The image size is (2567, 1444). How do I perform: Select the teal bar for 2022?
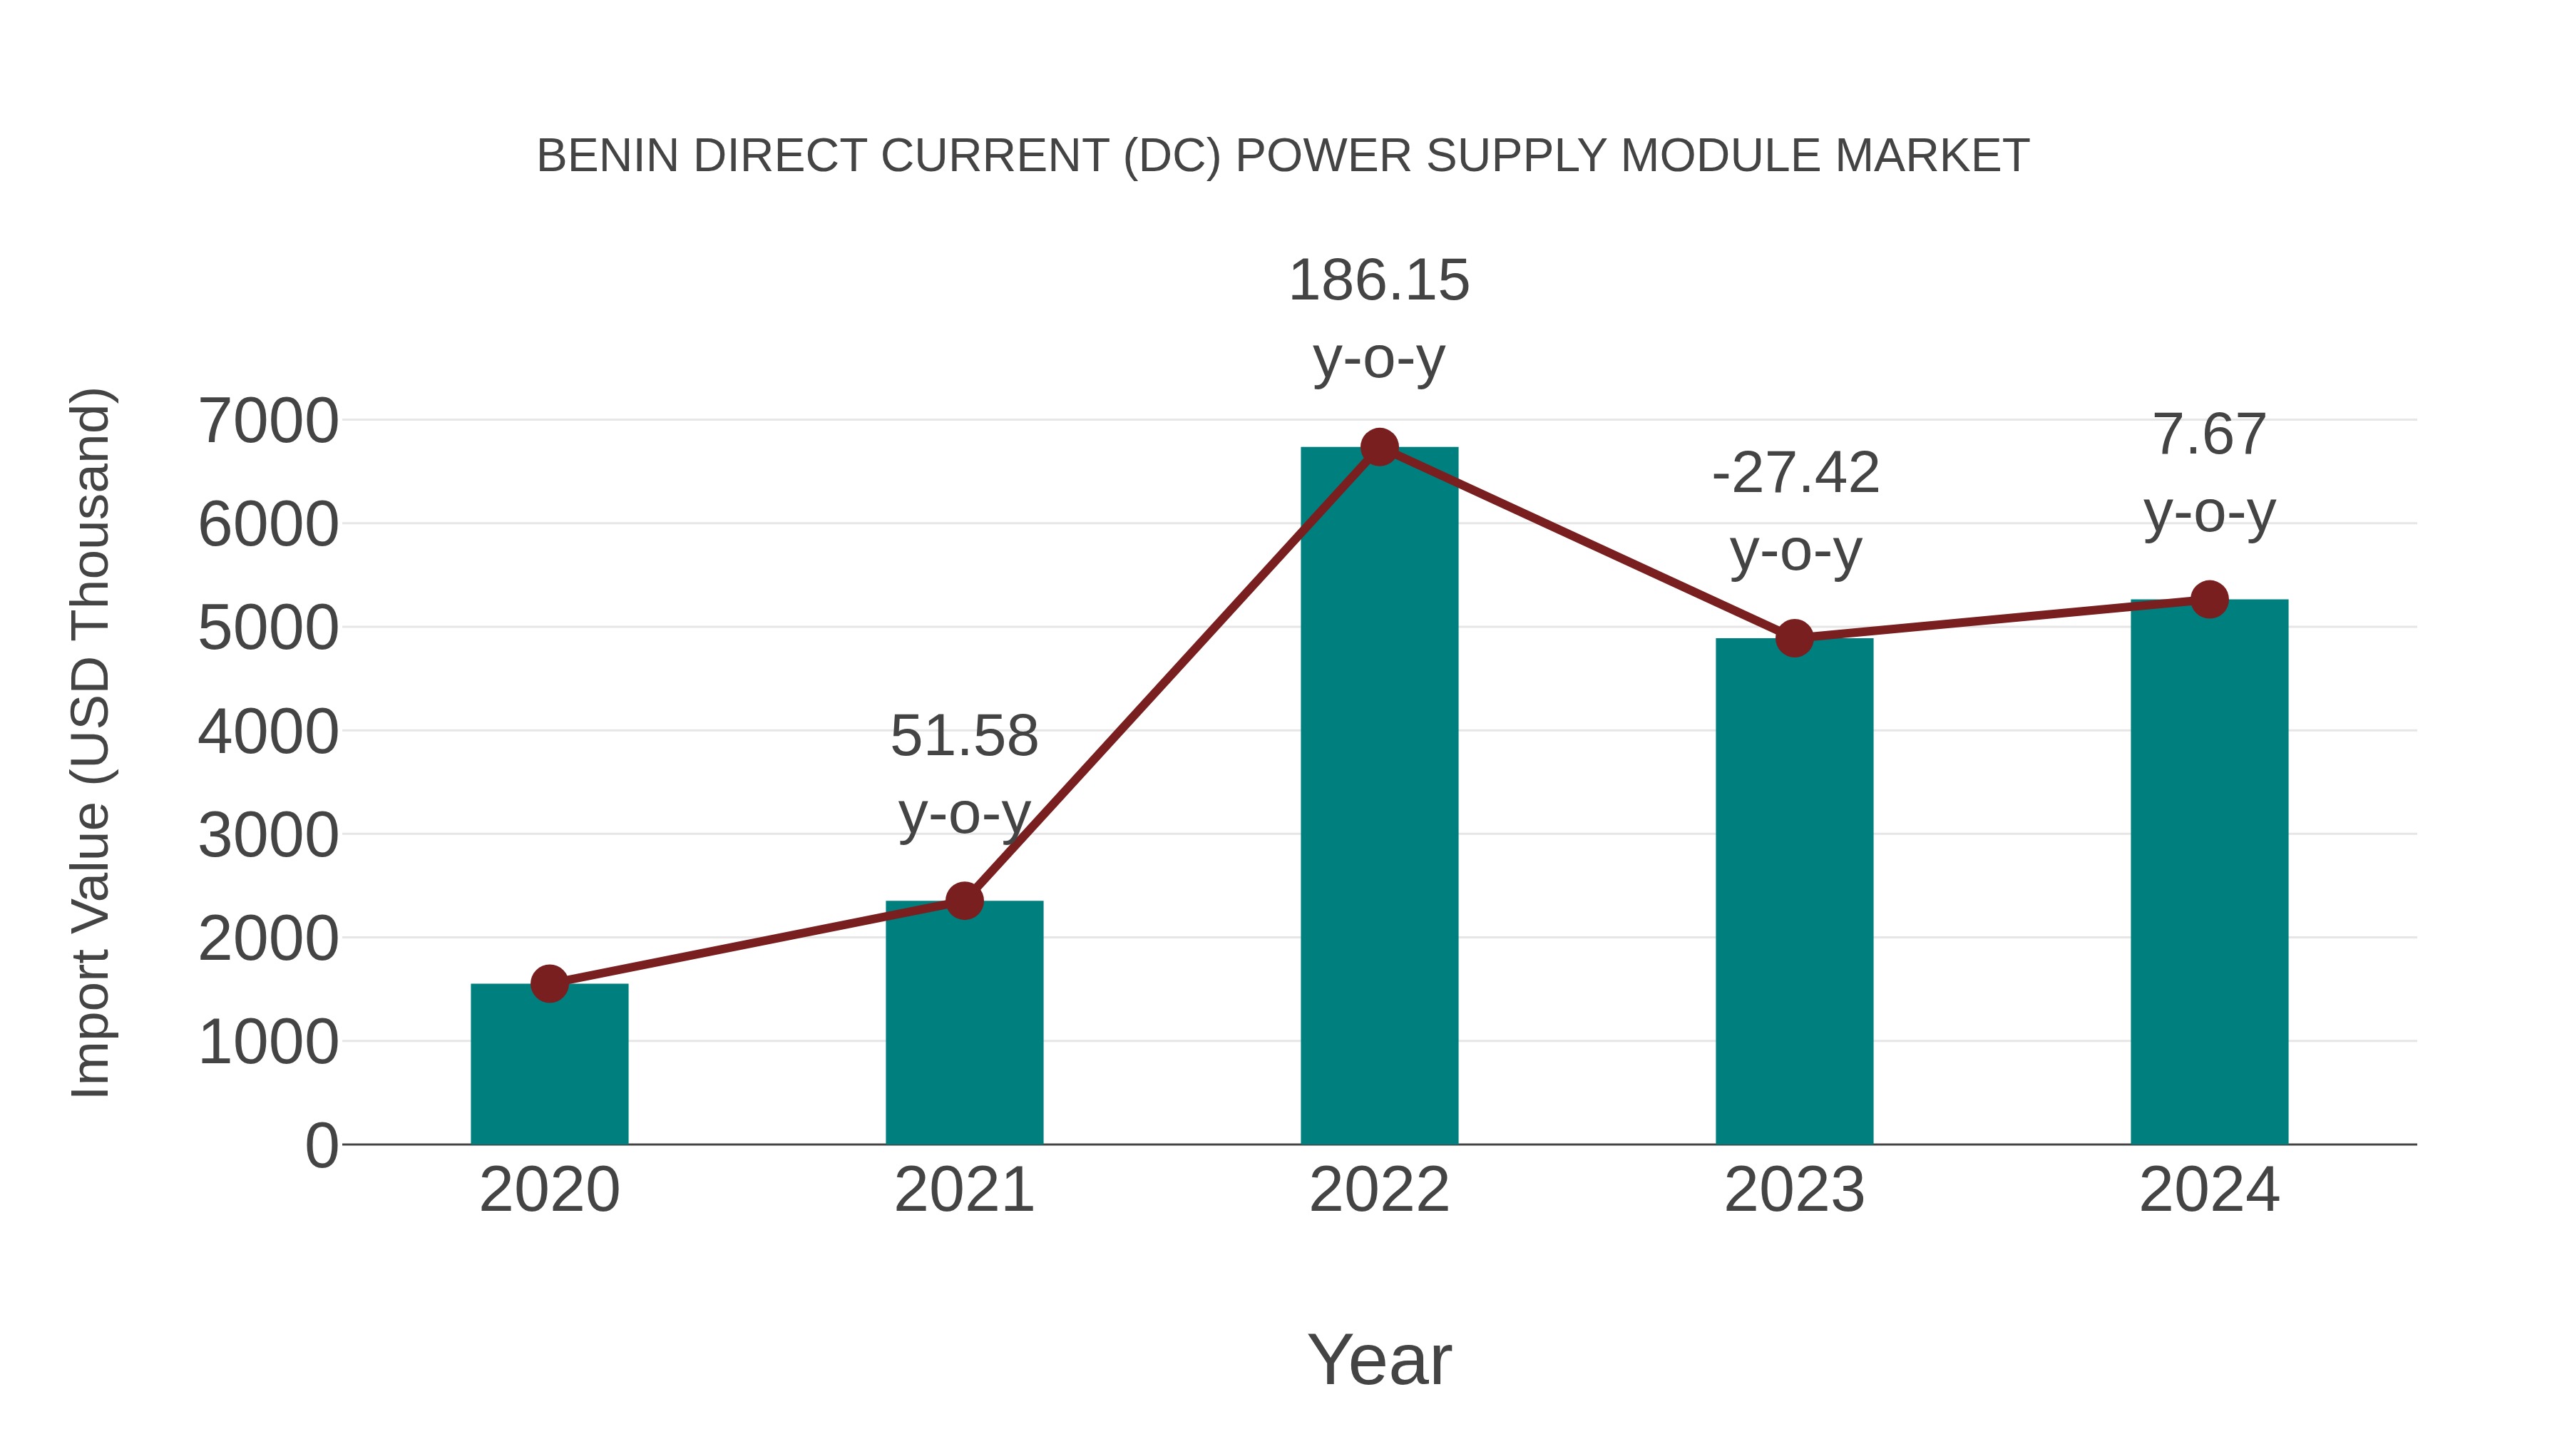[x=1379, y=797]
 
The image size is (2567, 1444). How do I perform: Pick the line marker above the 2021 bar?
[x=963, y=901]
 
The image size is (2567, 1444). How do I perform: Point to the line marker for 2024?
[x=2209, y=600]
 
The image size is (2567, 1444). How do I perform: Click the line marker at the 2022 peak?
[x=1379, y=447]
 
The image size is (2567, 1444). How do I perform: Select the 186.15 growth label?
[x=1379, y=281]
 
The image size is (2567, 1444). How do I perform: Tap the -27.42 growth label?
[x=1795, y=473]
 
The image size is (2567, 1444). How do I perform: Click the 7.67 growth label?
[x=2209, y=436]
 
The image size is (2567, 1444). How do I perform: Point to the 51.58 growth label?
[x=963, y=737]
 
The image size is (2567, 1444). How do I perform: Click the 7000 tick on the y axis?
[x=268, y=421]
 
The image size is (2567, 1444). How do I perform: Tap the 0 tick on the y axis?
[x=321, y=1146]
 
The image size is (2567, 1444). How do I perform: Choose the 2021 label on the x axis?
[x=963, y=1190]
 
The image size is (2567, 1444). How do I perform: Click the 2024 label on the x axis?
[x=2209, y=1190]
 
